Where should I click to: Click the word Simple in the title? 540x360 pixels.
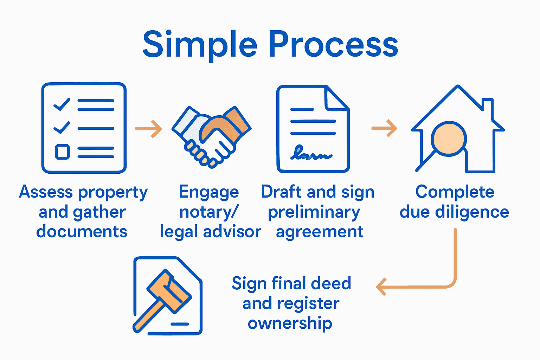tap(199, 45)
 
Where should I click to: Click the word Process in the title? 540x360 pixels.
tap(333, 45)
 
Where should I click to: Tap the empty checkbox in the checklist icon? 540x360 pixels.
tap(62, 152)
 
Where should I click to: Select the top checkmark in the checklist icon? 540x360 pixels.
tap(62, 104)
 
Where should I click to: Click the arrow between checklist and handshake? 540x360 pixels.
tap(149, 129)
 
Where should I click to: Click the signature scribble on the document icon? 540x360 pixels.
tap(311, 154)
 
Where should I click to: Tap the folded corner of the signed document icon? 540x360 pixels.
tap(336, 99)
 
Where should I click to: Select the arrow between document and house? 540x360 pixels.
tap(384, 128)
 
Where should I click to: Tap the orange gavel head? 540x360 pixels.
tap(169, 290)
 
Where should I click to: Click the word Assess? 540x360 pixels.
tap(46, 192)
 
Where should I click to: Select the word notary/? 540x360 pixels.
tap(209, 212)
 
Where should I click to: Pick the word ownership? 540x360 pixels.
tap(290, 323)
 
